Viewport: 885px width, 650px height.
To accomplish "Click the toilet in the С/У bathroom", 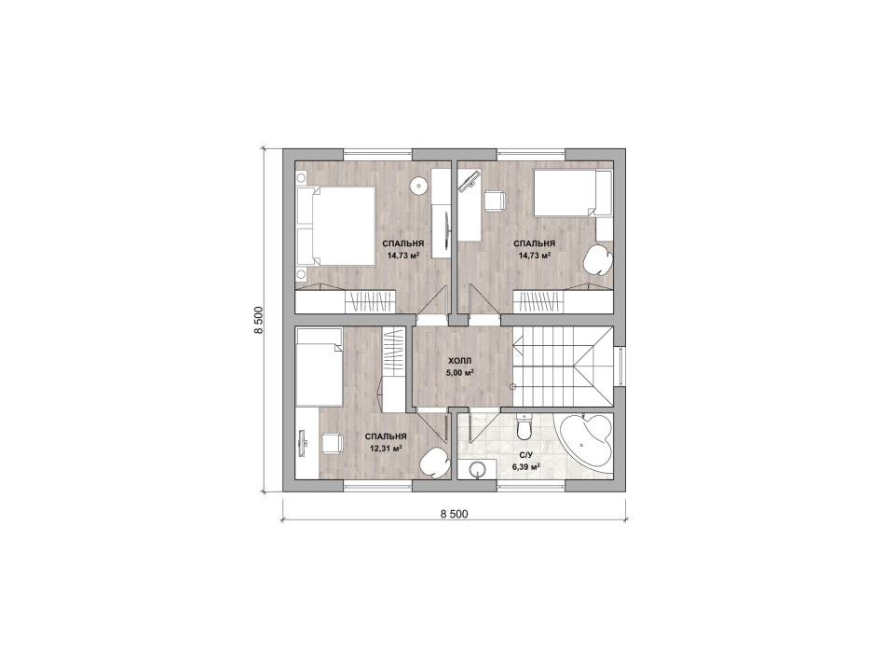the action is [x=524, y=426].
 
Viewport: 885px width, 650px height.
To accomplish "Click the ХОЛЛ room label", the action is [x=459, y=361].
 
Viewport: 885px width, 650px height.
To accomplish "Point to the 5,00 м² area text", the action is [x=460, y=372].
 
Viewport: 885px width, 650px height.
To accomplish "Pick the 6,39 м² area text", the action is [x=526, y=467].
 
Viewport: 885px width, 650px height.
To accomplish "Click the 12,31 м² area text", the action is [x=386, y=449].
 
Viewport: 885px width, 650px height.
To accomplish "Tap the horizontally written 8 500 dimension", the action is [x=455, y=514].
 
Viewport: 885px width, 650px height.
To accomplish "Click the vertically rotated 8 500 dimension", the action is [x=258, y=321].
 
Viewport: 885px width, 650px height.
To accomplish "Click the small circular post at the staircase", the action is [x=512, y=387].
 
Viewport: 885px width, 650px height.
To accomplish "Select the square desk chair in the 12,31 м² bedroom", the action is [x=332, y=442].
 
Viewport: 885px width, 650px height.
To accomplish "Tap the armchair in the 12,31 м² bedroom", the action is [x=434, y=463].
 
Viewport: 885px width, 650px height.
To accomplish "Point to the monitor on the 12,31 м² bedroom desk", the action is [x=303, y=441].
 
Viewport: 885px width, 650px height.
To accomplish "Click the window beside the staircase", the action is [x=619, y=366].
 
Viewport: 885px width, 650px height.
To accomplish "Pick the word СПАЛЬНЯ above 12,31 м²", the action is [x=386, y=437].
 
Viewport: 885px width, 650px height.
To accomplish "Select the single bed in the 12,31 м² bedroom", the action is [x=319, y=366].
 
